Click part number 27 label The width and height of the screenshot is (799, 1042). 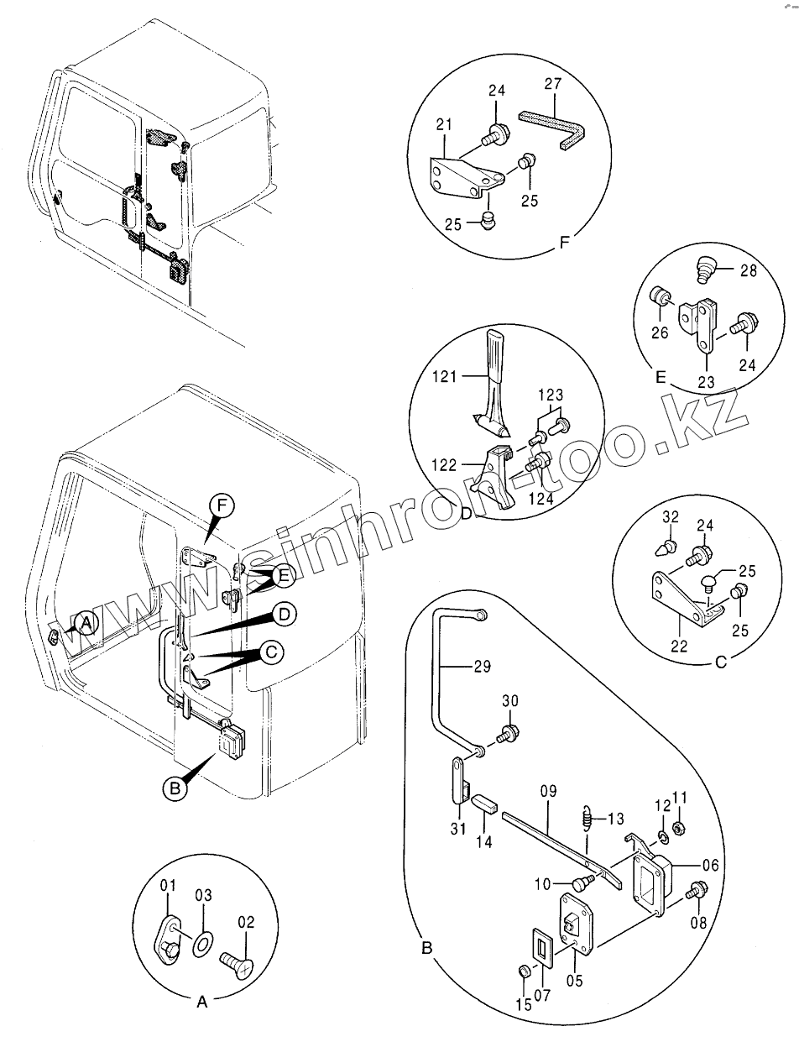[552, 84]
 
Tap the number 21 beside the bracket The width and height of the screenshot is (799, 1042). [445, 125]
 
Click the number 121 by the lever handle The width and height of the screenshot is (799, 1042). [446, 377]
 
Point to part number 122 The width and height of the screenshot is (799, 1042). [447, 464]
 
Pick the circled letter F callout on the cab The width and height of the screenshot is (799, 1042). [222, 505]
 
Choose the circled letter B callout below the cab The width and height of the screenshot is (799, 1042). [174, 788]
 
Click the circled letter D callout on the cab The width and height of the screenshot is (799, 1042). [284, 615]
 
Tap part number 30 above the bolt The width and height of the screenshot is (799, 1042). [510, 702]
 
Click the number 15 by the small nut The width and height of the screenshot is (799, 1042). [523, 1004]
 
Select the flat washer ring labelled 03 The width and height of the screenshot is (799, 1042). [201, 945]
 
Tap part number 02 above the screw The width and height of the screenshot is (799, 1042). [246, 922]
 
